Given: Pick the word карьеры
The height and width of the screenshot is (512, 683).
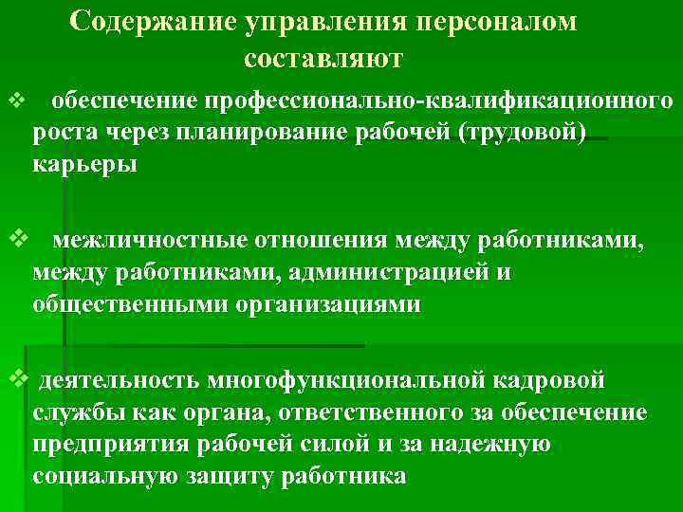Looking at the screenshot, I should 84,164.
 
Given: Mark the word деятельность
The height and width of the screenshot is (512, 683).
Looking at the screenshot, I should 117,380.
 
